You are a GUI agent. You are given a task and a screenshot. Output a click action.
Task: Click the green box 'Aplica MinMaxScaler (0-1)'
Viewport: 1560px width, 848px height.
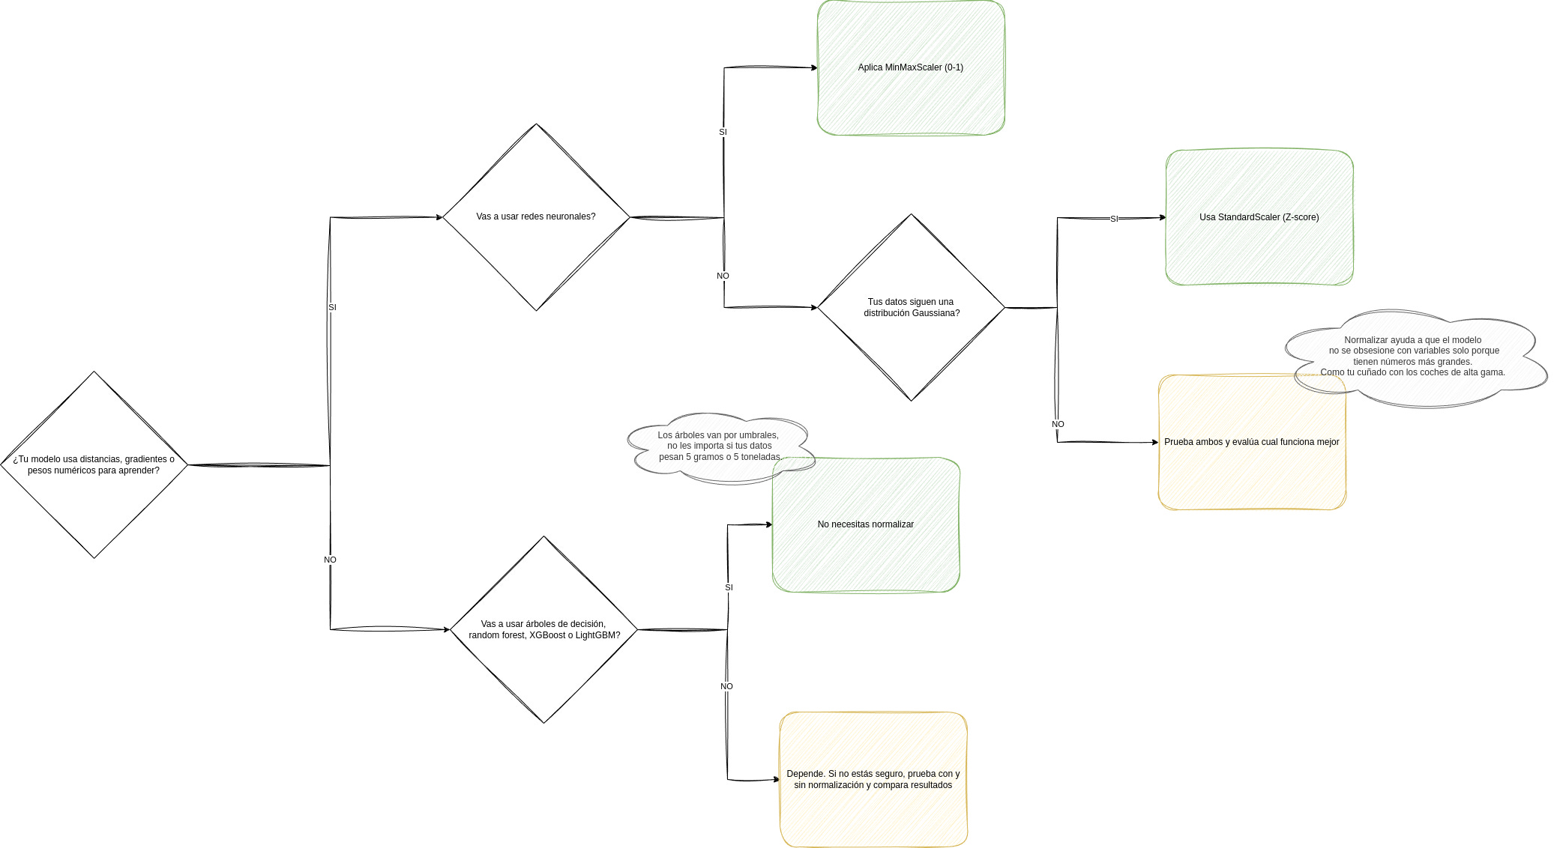911,67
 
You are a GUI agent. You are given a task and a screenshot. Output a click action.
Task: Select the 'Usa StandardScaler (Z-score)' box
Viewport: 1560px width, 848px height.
1259,217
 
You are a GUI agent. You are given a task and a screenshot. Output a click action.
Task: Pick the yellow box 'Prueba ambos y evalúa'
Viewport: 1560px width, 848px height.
1252,449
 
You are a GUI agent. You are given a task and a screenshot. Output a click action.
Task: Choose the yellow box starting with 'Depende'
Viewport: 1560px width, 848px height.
873,779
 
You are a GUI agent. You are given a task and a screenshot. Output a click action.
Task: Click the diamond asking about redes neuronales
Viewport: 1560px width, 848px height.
536,216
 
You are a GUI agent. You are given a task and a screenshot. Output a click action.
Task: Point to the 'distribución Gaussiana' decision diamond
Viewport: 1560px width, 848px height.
911,307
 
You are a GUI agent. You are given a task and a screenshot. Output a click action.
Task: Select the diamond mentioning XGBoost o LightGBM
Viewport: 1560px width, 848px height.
543,629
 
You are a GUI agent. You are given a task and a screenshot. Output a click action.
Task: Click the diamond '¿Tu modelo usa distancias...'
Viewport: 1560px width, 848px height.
94,464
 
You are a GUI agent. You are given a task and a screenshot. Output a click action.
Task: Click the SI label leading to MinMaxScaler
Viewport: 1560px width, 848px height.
723,132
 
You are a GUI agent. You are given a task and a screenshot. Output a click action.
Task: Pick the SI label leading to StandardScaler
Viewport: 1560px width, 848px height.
1114,219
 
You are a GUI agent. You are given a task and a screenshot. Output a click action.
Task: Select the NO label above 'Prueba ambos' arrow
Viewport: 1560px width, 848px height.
1058,424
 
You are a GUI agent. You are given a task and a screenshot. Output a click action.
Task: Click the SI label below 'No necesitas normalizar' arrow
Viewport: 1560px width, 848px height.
729,587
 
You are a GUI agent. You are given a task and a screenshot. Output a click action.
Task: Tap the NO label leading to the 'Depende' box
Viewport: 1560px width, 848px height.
726,686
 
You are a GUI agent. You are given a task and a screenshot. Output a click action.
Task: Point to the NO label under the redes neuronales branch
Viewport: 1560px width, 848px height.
723,276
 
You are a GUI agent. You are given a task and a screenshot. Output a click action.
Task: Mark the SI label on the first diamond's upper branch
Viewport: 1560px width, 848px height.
332,307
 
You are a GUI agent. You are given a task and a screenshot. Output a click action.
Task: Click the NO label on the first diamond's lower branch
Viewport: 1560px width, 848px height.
330,560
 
